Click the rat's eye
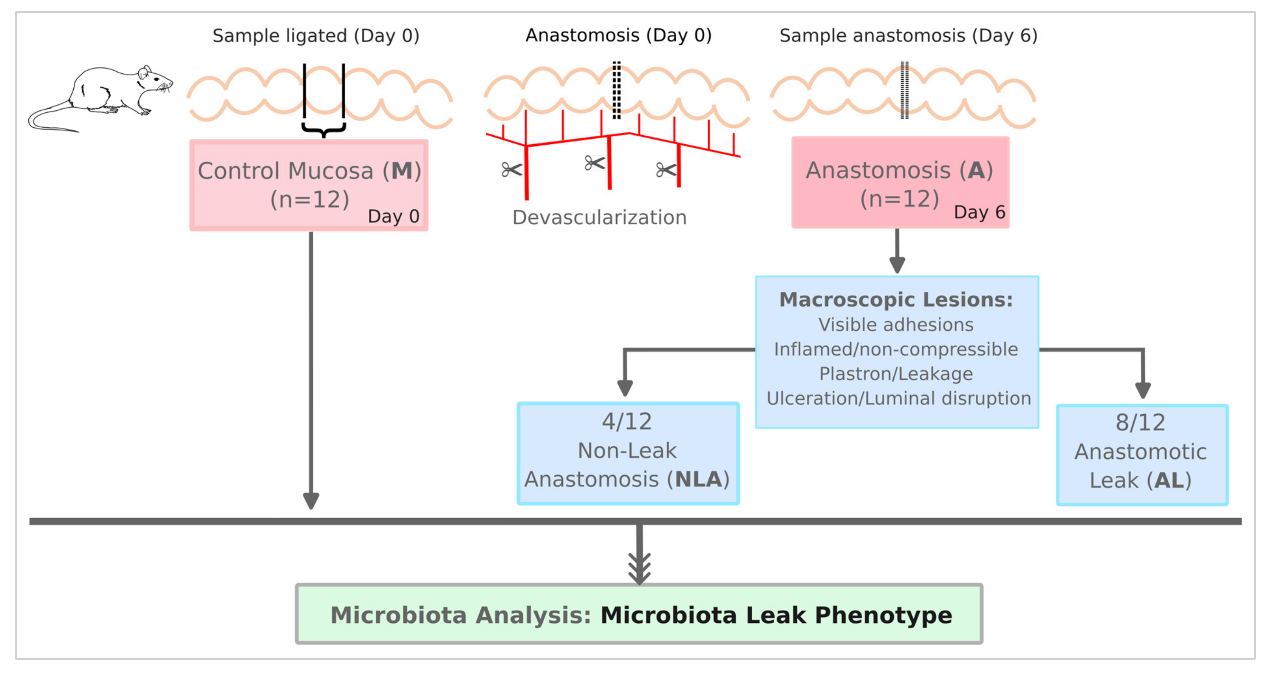point(156,79)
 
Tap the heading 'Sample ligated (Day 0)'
point(315,36)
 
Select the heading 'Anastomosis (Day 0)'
point(618,36)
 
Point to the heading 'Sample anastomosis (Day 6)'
point(908,36)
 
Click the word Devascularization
point(599,217)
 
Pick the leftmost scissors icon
point(511,170)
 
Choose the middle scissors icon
point(594,163)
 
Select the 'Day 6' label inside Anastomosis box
point(979,212)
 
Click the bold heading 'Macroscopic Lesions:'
point(896,300)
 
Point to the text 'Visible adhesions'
point(896,325)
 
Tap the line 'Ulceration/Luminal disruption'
point(898,398)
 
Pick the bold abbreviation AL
point(1168,481)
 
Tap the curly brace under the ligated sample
point(323,131)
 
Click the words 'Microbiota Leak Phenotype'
point(776,615)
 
